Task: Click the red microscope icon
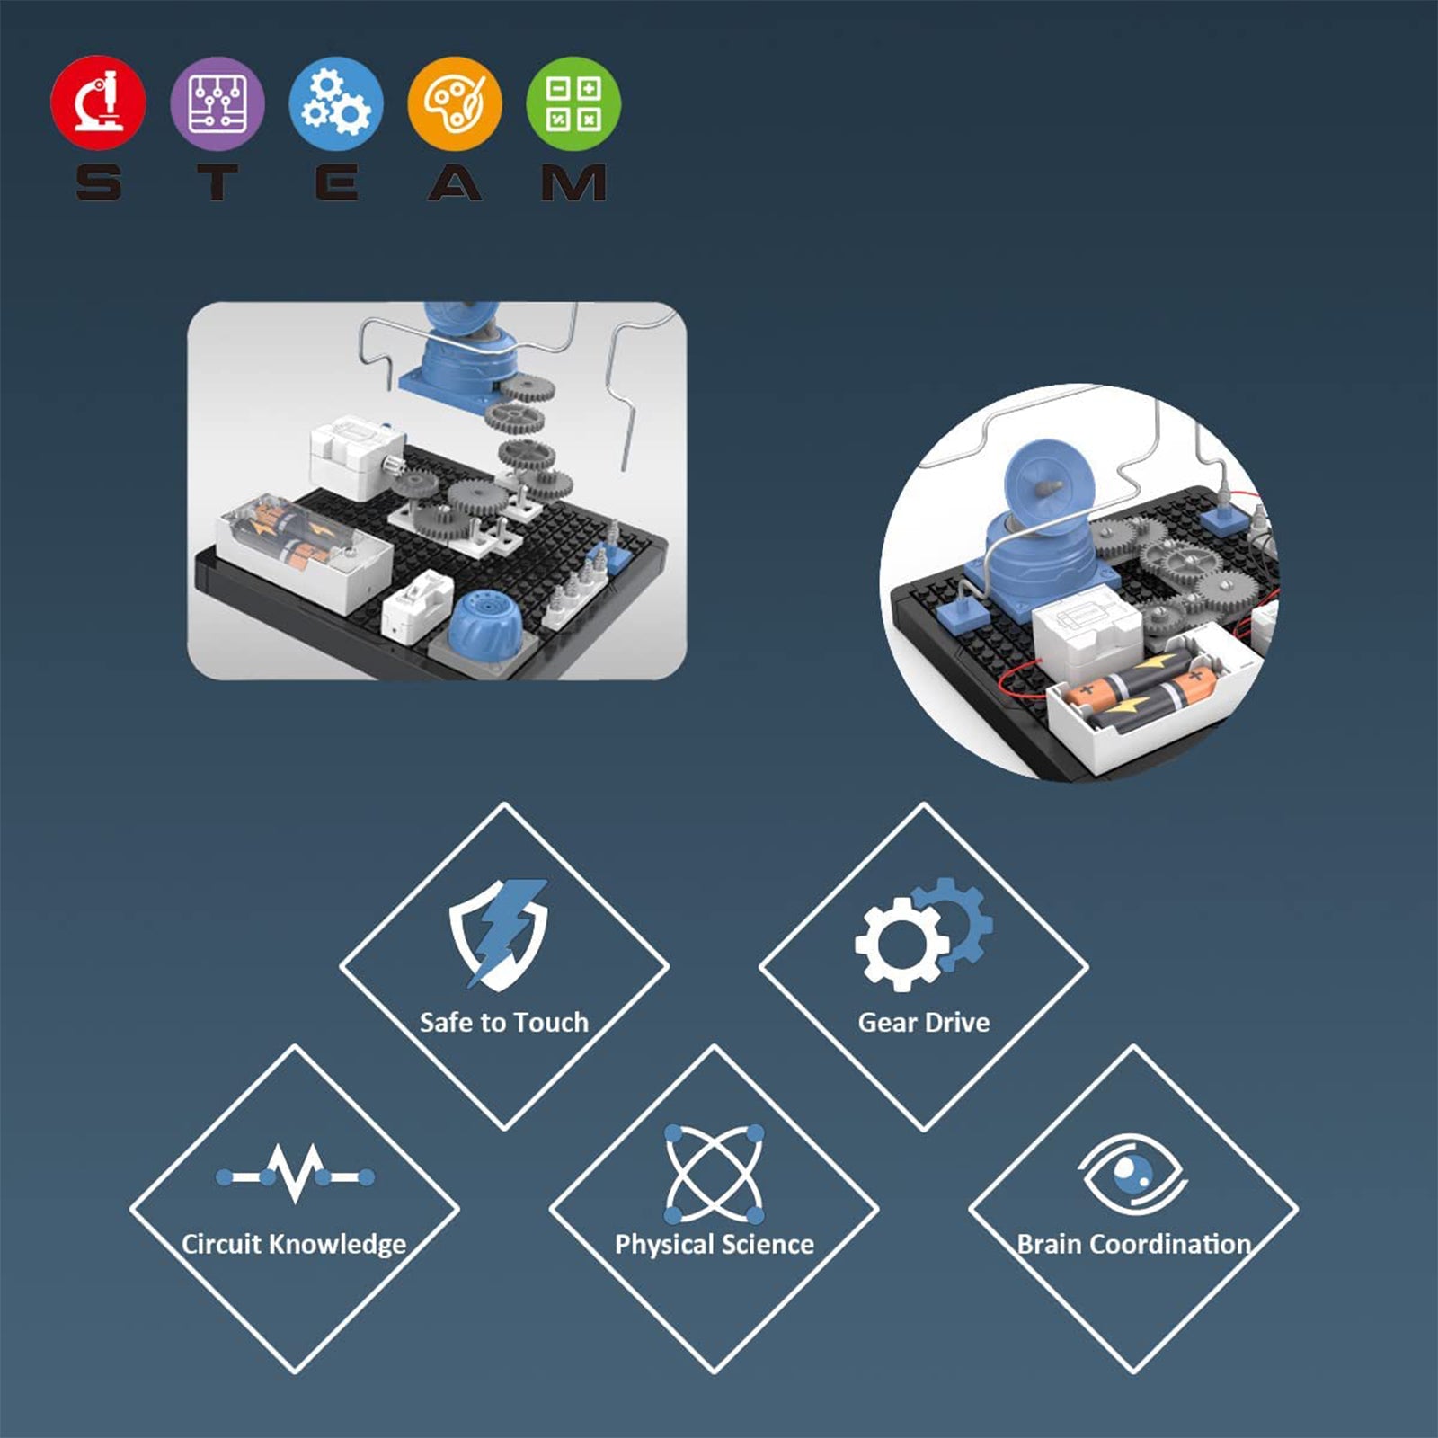pos(98,102)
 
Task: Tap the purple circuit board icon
pos(217,102)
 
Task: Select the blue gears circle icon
pos(336,102)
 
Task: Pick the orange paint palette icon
pos(455,102)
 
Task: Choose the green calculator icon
pos(573,102)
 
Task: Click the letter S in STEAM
pos(98,182)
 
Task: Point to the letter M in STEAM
pos(573,182)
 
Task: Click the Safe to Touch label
pos(504,1022)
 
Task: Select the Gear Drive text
pos(924,1022)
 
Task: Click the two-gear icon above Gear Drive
pos(924,934)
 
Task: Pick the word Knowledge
pos(338,1245)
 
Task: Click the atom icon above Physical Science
pos(715,1174)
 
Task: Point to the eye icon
pos(1133,1174)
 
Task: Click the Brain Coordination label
pos(1134,1244)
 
